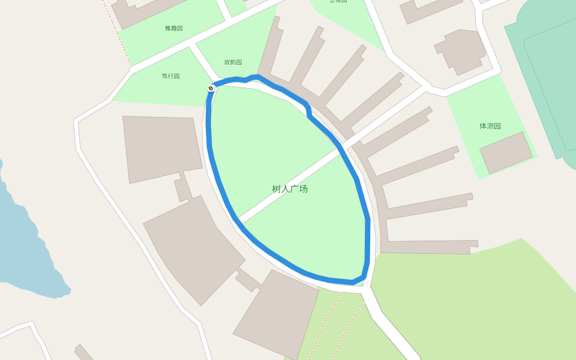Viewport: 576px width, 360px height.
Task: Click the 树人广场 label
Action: click(290, 189)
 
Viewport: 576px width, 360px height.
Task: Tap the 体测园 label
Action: click(490, 126)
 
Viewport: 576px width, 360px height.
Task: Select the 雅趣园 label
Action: click(173, 28)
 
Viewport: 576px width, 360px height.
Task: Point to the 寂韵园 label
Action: click(233, 62)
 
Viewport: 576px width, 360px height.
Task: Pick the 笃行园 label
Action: click(170, 76)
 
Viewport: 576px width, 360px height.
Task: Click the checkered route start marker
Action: click(211, 89)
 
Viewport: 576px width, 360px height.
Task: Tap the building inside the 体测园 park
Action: click(506, 152)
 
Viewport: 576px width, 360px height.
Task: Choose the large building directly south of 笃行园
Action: click(161, 147)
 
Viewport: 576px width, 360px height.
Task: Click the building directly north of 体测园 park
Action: click(461, 51)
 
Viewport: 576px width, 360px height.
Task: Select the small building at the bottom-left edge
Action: click(84, 353)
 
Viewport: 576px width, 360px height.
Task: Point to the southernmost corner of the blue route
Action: click(354, 281)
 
